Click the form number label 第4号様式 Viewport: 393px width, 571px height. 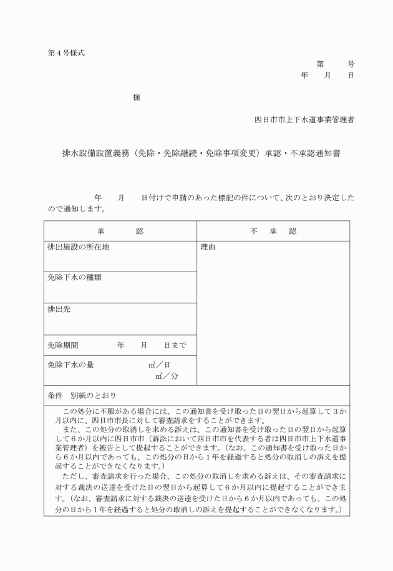pos(62,52)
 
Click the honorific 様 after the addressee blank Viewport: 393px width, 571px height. pos(136,97)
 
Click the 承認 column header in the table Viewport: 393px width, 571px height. pos(120,231)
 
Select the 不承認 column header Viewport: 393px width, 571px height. pos(273,231)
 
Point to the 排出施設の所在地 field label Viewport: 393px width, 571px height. pos(79,247)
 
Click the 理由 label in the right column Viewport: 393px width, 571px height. pos(208,247)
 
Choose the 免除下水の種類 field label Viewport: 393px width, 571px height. pos(74,278)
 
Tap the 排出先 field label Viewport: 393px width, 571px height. pos(59,309)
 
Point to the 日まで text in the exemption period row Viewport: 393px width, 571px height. pos(175,345)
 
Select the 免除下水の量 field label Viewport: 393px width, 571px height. pos(70,364)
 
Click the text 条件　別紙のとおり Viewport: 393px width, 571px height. pos(81,396)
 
